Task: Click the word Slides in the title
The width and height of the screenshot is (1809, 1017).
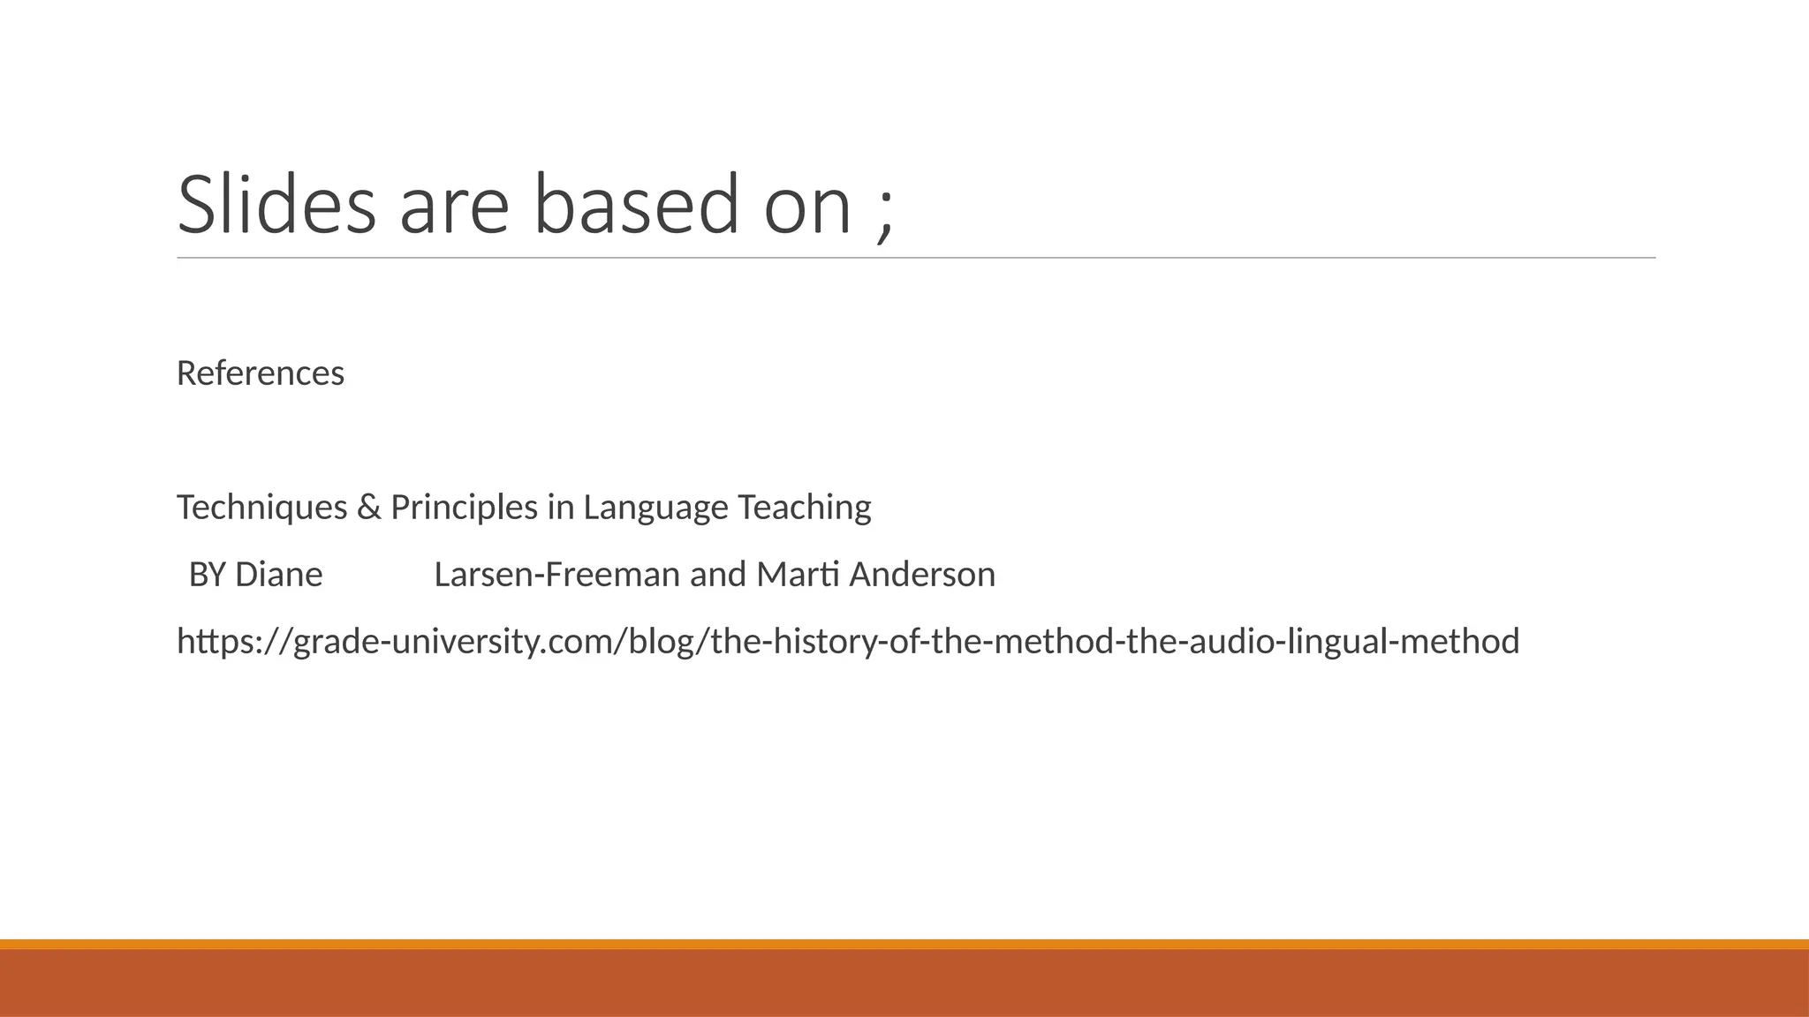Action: coord(276,205)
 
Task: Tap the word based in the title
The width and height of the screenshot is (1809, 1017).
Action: coord(636,205)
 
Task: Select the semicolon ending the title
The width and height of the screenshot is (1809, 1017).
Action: coord(885,212)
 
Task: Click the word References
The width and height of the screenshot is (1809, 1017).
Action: coord(261,373)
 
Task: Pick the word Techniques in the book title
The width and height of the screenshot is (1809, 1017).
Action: coord(262,508)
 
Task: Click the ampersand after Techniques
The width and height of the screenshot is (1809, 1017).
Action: coord(368,508)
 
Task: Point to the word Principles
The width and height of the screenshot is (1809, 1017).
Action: coord(464,508)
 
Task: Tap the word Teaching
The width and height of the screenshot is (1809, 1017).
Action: coord(804,508)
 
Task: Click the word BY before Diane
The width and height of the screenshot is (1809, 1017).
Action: coord(208,575)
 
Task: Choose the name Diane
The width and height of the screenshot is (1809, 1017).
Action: coord(278,575)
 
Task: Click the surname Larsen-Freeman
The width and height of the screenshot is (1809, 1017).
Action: coord(557,575)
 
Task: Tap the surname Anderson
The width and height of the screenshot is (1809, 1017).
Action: coord(922,575)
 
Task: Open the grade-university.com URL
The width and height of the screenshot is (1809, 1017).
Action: coord(848,642)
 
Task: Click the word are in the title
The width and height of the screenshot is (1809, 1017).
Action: coord(454,205)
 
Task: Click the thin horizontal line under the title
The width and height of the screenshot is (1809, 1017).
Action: coord(916,259)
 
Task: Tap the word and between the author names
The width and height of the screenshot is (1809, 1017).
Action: coord(718,575)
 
